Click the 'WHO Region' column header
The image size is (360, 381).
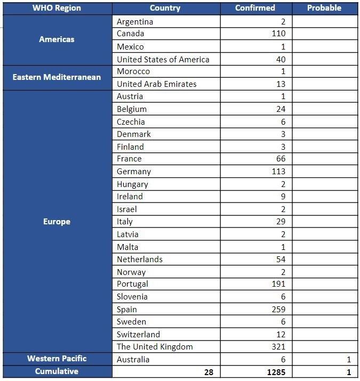click(57, 8)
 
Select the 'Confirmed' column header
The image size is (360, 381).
click(255, 8)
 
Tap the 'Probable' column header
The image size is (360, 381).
click(324, 8)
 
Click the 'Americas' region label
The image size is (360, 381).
click(57, 39)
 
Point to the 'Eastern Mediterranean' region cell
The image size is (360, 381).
click(57, 77)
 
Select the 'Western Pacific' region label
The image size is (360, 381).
click(57, 359)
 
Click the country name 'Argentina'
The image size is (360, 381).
click(135, 21)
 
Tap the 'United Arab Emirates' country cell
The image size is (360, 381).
click(157, 84)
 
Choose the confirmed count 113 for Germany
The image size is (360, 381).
click(278, 172)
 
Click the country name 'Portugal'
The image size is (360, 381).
click(132, 284)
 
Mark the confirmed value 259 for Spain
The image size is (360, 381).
click(278, 309)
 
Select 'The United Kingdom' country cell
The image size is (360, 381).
click(155, 347)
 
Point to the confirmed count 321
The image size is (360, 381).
click(278, 347)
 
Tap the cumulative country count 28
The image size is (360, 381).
click(208, 371)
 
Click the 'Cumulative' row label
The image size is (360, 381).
click(57, 371)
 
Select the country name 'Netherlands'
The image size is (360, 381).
click(140, 260)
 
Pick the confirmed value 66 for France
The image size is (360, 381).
click(281, 159)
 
